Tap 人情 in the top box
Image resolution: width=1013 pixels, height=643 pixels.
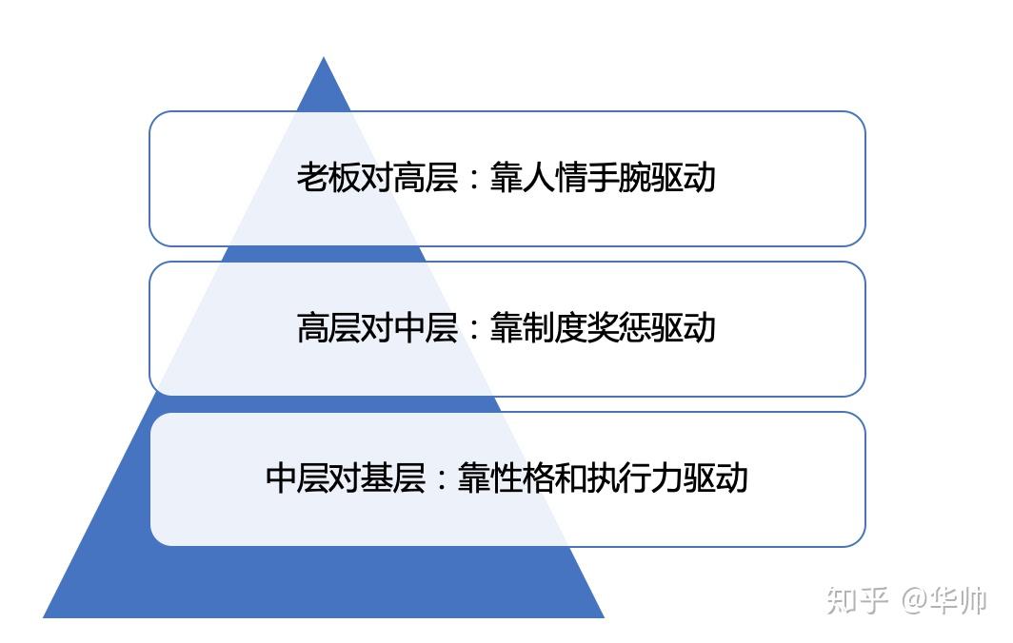coord(554,179)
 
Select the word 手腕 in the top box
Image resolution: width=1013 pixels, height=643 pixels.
coord(619,179)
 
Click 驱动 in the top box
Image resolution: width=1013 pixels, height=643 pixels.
coord(684,179)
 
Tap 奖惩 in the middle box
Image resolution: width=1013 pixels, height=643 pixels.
coord(619,329)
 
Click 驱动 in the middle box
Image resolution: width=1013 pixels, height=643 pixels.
coord(684,329)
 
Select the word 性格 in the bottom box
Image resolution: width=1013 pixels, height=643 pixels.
coord(522,477)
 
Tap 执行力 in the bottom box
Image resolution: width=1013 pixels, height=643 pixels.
coord(634,477)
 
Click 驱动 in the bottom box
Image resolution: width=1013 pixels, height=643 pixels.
coord(715,477)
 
